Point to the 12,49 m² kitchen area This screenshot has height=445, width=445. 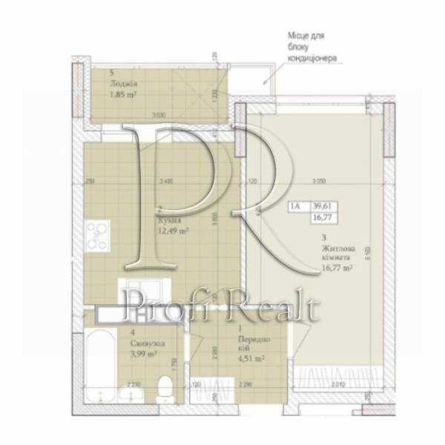[x=173, y=231]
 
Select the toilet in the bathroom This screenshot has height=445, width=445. [x=167, y=386]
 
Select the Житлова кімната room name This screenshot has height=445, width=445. [x=335, y=253]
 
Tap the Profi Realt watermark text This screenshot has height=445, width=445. [x=222, y=306]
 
